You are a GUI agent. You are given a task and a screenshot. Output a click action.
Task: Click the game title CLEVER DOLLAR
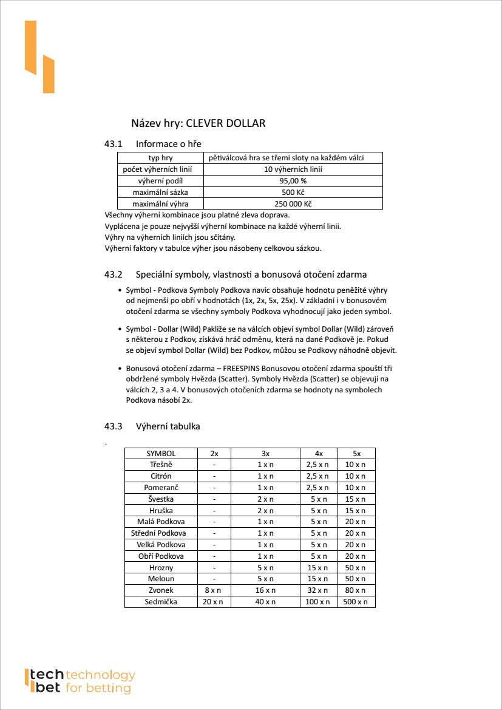tap(225, 123)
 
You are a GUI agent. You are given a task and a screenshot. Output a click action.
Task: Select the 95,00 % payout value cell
tap(293, 181)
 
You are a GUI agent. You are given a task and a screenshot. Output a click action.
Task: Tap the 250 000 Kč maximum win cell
tap(293, 204)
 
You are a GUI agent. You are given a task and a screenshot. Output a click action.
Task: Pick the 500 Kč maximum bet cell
tap(293, 193)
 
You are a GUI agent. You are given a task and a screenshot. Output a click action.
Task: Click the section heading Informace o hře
tap(168, 144)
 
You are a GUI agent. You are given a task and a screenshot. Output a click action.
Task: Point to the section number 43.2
tap(114, 275)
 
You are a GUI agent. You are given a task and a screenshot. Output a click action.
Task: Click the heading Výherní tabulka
tap(168, 426)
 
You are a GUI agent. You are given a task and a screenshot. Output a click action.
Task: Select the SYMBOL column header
tap(161, 453)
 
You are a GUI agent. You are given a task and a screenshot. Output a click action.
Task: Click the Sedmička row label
tap(161, 602)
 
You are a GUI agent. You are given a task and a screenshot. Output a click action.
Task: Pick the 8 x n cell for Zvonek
tap(214, 590)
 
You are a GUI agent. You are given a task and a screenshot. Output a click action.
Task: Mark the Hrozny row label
tap(161, 567)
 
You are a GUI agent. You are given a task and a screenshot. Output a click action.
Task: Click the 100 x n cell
tap(318, 602)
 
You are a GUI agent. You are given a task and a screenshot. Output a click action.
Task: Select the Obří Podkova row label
tap(161, 556)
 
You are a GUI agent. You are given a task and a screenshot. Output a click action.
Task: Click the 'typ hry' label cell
tap(160, 158)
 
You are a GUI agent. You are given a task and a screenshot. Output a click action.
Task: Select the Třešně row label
tap(161, 465)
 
